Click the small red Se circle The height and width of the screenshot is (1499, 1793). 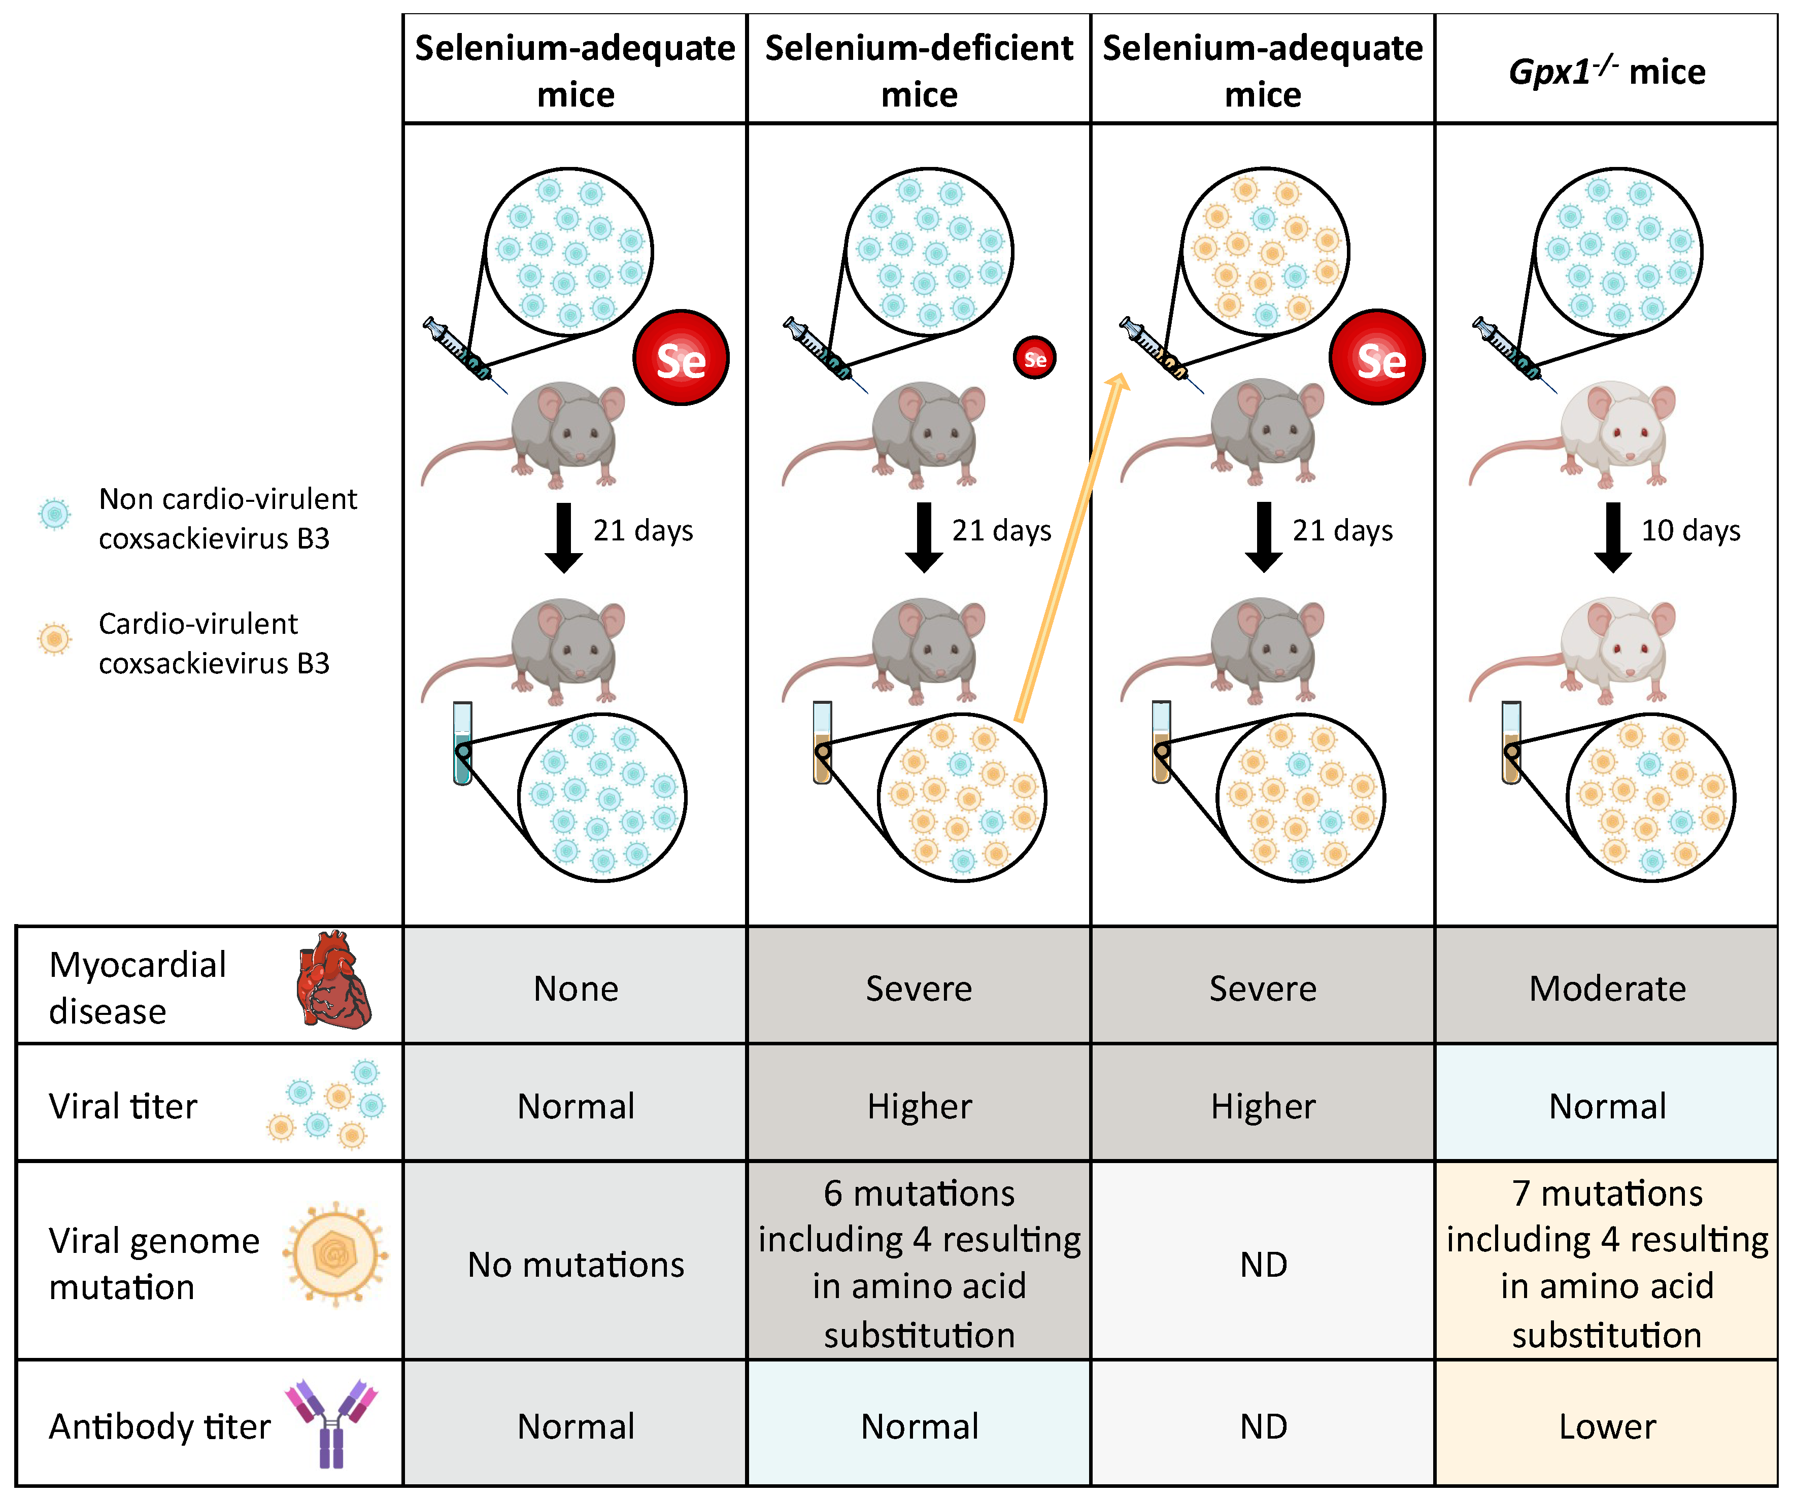1034,359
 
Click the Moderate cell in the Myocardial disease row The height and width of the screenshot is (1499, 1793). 1606,987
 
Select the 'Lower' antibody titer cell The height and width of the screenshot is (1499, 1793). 1606,1425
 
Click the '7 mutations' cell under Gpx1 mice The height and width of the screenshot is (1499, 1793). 1606,1264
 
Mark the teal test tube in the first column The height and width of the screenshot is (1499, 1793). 462,743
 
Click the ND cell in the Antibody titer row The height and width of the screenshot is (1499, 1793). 1263,1425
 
